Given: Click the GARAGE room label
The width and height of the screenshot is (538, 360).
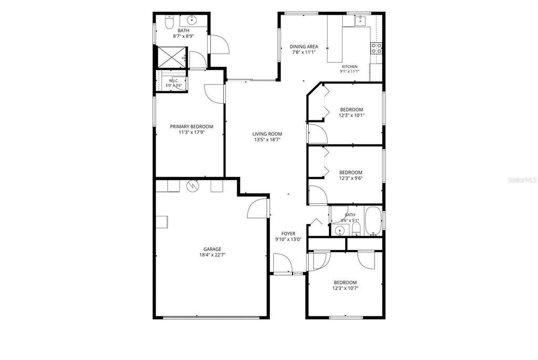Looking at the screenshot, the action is point(212,249).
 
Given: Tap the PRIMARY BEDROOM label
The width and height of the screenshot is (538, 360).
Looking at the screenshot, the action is point(191,127).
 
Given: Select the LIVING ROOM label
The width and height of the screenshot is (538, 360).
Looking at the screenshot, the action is point(267,134).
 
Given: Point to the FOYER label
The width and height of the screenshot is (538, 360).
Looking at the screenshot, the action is point(288,234).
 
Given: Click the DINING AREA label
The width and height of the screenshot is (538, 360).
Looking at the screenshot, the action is point(304,47).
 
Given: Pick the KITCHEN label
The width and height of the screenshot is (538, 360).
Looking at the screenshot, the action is point(349,67).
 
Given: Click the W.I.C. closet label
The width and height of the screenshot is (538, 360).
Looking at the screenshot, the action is point(173,81).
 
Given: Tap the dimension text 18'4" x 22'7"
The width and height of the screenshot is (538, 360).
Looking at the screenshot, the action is point(212,255).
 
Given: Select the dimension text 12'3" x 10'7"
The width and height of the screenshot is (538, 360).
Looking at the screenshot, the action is point(345,289).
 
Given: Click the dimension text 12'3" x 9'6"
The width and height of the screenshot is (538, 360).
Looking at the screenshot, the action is point(350,179).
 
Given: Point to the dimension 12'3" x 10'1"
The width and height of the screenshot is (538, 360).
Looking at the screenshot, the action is point(351,116).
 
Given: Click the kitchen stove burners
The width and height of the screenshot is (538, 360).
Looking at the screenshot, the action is point(376,48).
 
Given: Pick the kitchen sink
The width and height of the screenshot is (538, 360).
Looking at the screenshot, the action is point(360,20).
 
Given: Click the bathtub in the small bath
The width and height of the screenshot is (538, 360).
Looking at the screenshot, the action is point(373,221).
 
